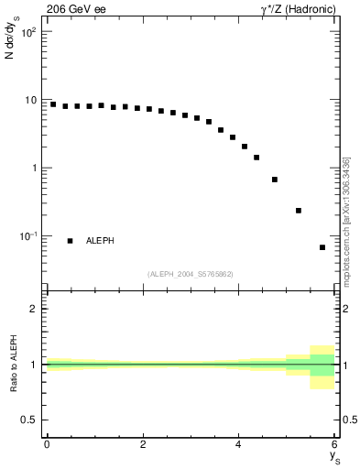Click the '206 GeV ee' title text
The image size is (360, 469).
(x=76, y=10)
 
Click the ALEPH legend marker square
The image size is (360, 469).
(x=71, y=241)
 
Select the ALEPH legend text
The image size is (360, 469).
(x=100, y=241)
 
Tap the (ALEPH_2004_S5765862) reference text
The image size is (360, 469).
(x=191, y=274)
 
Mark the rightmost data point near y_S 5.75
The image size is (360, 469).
(x=322, y=247)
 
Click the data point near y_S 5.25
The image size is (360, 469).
(x=299, y=211)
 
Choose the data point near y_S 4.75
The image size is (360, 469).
(x=275, y=180)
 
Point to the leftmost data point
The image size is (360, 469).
(x=53, y=104)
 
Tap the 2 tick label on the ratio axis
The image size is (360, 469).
(x=34, y=309)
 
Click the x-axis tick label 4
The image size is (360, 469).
(x=239, y=444)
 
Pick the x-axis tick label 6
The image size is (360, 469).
(x=334, y=444)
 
